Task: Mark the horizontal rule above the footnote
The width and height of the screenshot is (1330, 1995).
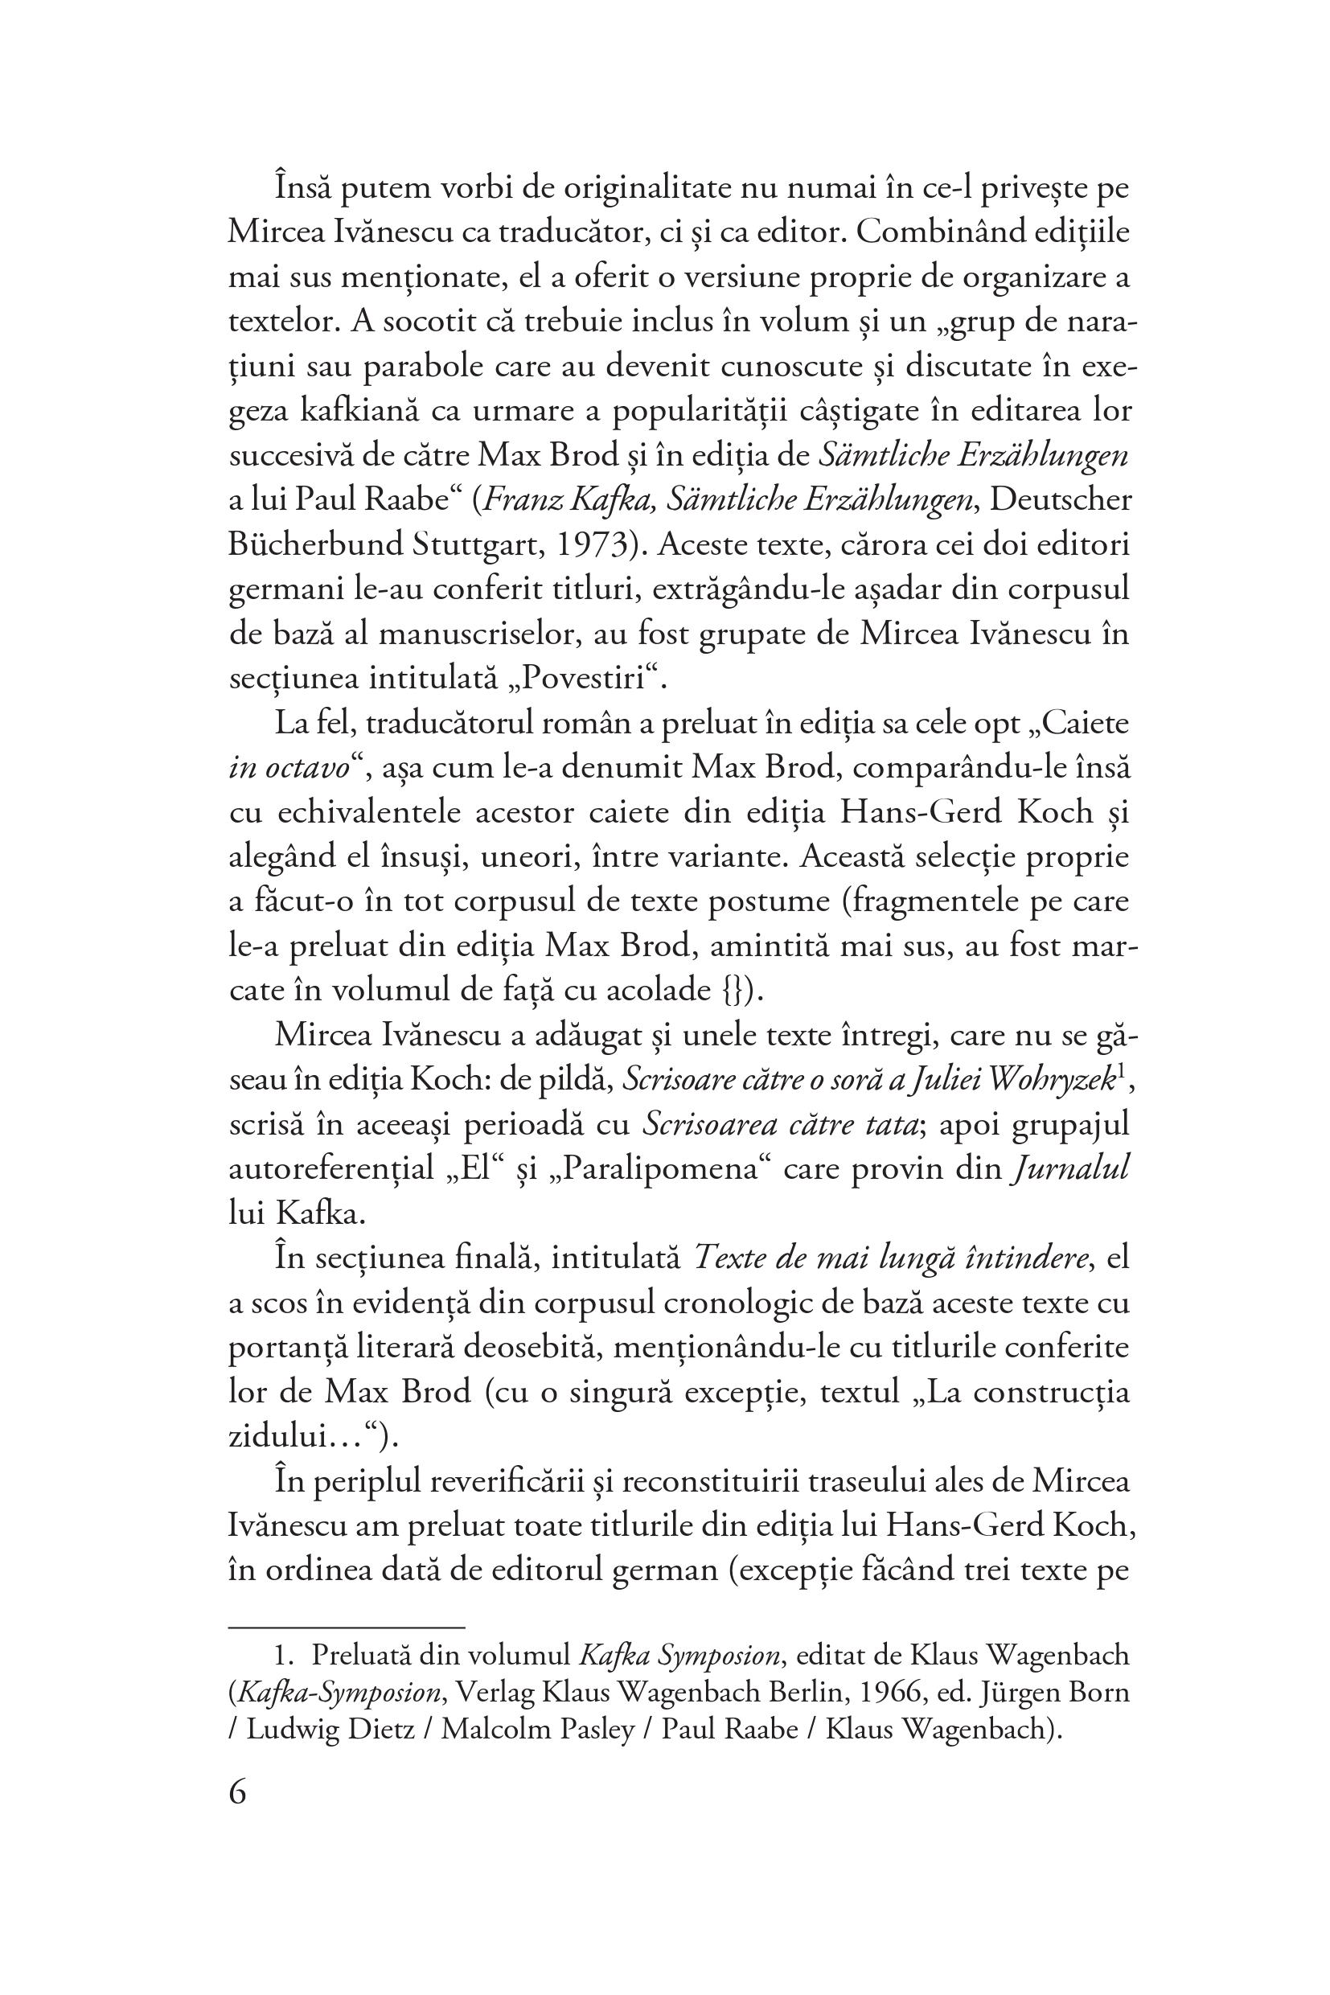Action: tap(347, 1628)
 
